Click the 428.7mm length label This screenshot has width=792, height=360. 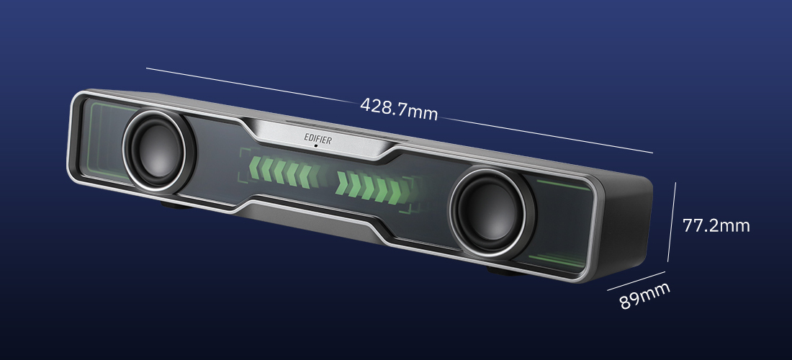399,109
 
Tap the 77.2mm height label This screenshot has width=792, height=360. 716,225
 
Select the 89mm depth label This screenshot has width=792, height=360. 644,295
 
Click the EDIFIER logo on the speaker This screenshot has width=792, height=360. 318,138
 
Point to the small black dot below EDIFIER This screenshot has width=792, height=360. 316,146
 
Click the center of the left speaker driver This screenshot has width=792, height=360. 157,151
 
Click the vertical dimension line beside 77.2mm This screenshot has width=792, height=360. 671,222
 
